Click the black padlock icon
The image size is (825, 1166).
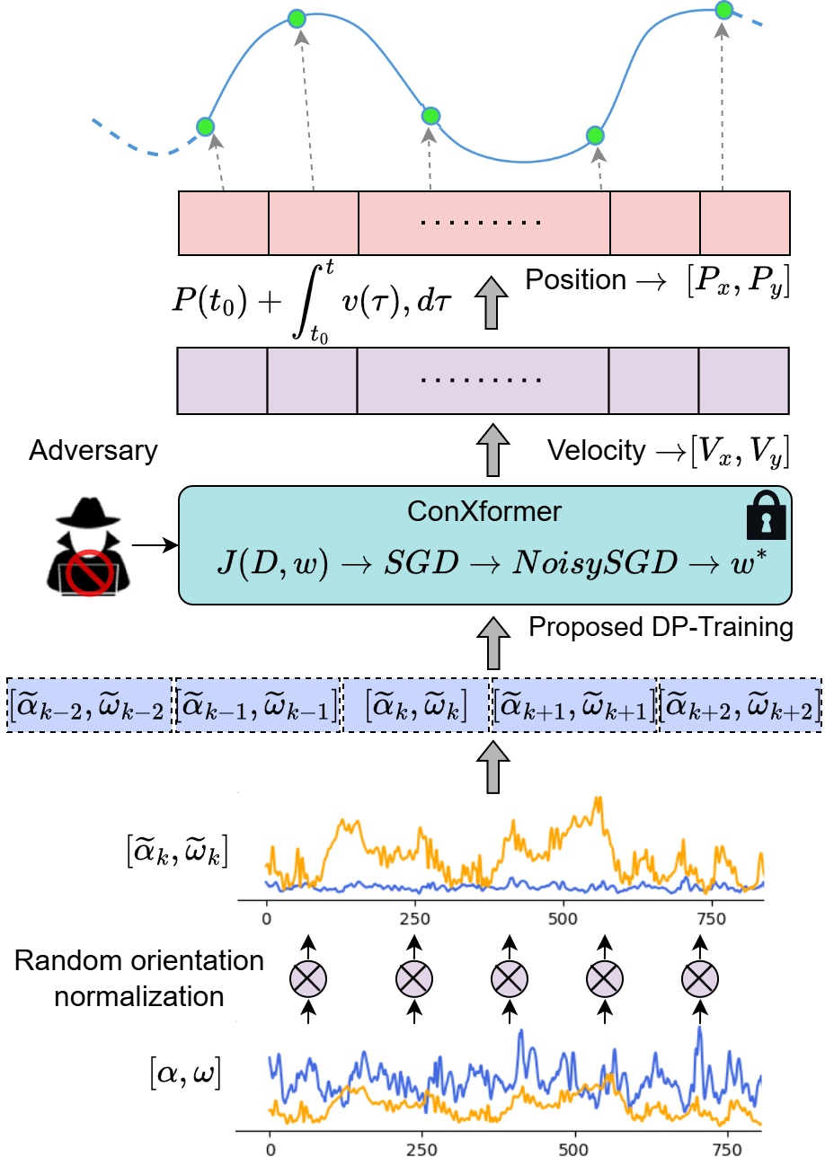766,520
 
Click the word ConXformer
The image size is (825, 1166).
484,512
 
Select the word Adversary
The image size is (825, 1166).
93,450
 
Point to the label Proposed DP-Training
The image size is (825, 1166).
661,626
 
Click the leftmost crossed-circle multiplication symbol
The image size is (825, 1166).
308,979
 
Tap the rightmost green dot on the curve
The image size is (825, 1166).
724,11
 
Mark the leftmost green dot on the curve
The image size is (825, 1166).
205,126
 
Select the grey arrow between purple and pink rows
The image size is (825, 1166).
491,303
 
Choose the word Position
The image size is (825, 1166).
575,280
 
